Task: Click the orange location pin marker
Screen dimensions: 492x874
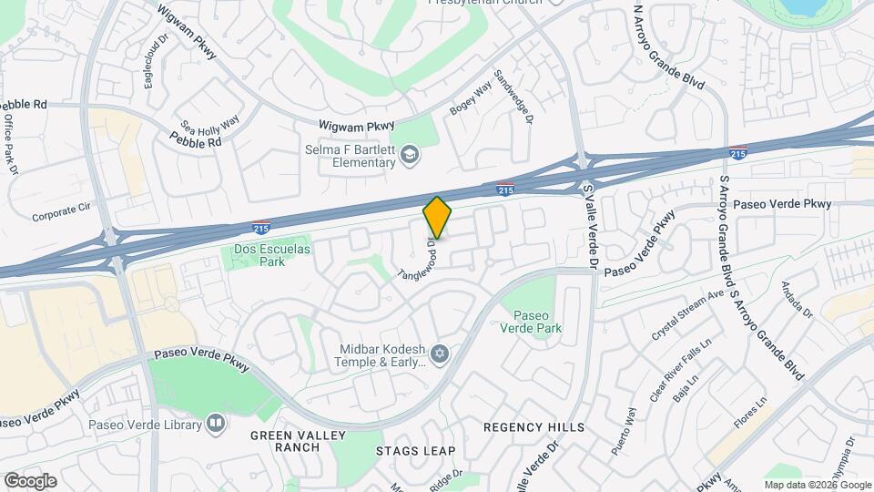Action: pos(437,218)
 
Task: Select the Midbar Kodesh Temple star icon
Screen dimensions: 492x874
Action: pos(440,353)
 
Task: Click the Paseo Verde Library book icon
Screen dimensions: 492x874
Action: pos(215,423)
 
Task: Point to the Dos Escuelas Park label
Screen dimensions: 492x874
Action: pos(259,255)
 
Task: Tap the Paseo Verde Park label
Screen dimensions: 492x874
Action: pos(531,322)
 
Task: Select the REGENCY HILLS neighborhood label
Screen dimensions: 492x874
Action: pos(534,427)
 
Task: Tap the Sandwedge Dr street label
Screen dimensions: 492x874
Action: pos(513,96)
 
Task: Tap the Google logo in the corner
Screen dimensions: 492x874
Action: pos(30,480)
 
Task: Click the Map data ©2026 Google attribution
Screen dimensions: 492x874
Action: pos(818,485)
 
